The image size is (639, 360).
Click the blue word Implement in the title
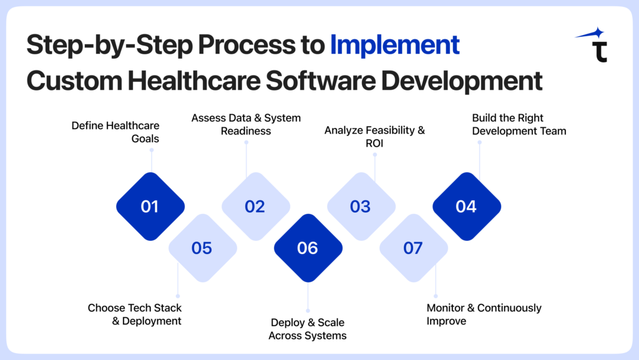pos(394,46)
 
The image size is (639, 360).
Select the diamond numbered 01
pos(150,207)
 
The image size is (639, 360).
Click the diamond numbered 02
pos(255,207)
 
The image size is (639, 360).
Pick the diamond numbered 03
pos(361,207)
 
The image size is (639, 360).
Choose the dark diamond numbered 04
pos(466,207)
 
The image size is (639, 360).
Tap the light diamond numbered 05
pos(202,248)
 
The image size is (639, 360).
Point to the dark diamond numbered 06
pos(308,248)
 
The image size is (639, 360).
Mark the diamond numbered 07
pos(413,248)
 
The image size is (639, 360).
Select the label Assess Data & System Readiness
pos(246,124)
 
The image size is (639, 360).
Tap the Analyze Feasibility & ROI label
pos(374,137)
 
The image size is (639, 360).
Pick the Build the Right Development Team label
pos(519,124)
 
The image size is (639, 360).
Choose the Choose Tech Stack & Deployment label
pos(135,314)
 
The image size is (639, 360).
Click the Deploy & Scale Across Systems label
pos(308,329)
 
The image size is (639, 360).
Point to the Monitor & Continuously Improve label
pos(484,314)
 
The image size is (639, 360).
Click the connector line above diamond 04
pos(479,159)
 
